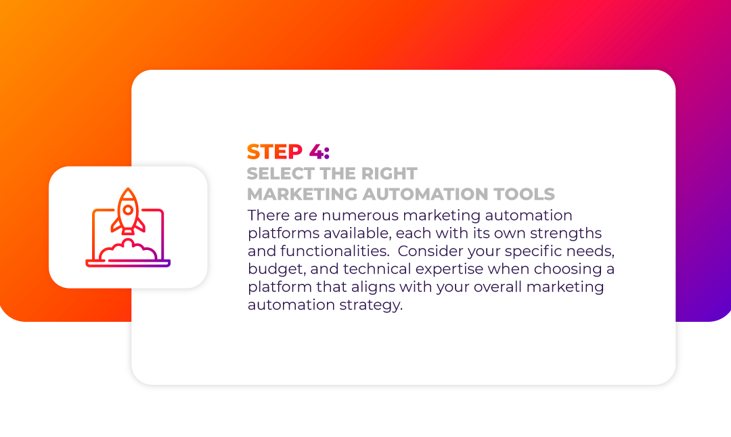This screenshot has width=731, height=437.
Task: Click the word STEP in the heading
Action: pyautogui.click(x=275, y=152)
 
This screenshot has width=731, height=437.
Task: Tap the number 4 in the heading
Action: pyautogui.click(x=317, y=152)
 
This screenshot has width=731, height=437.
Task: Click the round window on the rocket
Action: pyautogui.click(x=128, y=211)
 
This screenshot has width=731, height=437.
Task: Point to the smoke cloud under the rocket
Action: pyautogui.click(x=128, y=251)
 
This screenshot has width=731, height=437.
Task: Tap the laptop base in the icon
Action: pyautogui.click(x=128, y=264)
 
